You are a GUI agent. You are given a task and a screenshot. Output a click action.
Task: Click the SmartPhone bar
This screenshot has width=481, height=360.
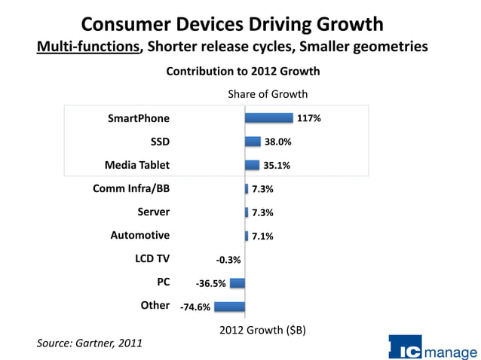[x=268, y=117]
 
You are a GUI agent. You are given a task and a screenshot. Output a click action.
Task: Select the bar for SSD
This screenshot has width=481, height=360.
[x=253, y=142]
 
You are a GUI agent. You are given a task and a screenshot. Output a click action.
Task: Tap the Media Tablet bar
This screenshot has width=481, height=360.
[x=252, y=165]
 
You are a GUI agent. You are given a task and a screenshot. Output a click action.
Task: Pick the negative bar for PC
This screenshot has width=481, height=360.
[x=237, y=283]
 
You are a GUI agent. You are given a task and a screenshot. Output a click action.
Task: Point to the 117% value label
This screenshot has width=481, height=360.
[x=309, y=118]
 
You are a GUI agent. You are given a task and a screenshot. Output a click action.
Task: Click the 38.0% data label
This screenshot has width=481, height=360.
[x=277, y=142]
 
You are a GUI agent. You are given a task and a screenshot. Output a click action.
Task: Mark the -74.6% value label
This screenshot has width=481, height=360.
[x=195, y=307]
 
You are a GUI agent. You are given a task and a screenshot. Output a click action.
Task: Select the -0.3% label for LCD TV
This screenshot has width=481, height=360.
[x=228, y=260]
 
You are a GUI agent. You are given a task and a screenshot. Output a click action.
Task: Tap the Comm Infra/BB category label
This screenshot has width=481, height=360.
[x=131, y=188]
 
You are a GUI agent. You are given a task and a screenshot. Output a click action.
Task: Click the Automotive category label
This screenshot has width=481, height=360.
[x=140, y=236]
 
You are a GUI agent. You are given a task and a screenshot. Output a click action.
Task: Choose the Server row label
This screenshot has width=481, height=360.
[x=153, y=212]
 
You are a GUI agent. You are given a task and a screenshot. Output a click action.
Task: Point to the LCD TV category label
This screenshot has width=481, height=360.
[x=152, y=259]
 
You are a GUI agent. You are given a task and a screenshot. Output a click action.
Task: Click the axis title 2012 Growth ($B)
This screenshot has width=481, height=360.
[x=262, y=330]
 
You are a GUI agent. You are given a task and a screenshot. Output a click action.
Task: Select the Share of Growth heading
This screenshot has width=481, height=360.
[x=268, y=94]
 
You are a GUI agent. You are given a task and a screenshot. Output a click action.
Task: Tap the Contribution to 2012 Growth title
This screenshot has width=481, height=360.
[x=243, y=72]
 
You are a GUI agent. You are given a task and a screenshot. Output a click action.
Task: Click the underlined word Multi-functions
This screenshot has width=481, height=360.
[x=89, y=47]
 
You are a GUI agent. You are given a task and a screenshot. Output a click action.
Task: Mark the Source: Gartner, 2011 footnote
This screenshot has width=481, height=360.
[x=89, y=343]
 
